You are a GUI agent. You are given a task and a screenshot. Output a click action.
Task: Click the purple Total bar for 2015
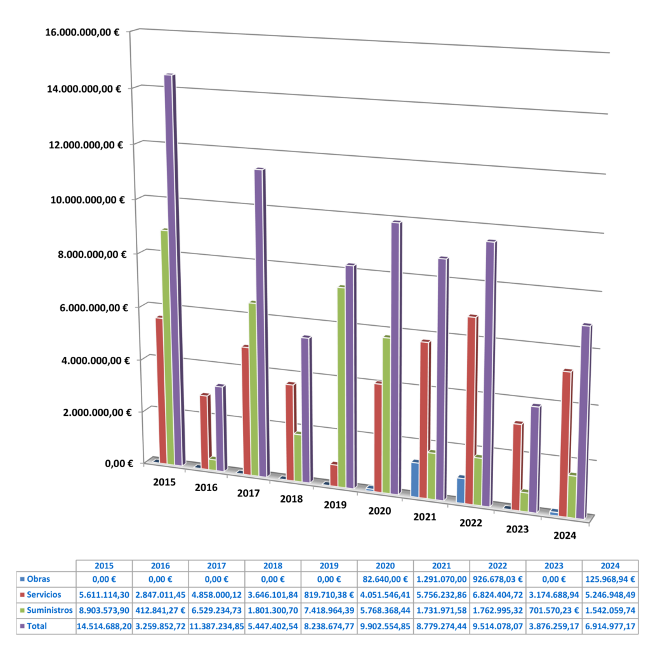pos(169,266)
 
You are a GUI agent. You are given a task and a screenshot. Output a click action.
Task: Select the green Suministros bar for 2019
pos(341,387)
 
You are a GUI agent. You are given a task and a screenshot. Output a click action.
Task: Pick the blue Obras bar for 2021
pos(415,479)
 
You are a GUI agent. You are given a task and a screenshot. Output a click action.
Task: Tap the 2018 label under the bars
pos(291,499)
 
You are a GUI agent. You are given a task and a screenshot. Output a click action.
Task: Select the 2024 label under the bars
pos(564,536)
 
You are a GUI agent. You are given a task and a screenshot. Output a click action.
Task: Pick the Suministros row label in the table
pos(46,610)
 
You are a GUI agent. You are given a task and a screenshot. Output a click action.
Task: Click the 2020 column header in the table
pos(385,565)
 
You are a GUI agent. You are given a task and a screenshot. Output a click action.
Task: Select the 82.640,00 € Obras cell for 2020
pos(385,579)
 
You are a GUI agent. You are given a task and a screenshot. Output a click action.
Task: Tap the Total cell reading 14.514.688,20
pos(104,626)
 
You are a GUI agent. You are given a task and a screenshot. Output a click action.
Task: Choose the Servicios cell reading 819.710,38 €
pos(329,594)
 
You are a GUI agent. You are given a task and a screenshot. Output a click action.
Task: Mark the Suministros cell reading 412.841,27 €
pos(160,610)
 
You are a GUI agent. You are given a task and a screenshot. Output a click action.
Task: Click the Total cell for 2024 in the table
pos(609,626)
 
